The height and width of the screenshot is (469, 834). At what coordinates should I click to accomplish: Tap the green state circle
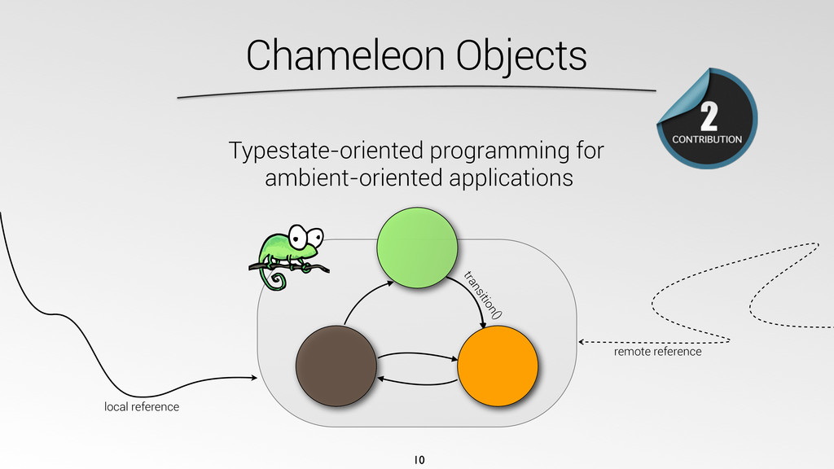click(418, 248)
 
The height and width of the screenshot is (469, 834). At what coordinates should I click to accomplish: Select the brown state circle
click(336, 366)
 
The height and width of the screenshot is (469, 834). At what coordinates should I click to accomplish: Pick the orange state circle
click(498, 366)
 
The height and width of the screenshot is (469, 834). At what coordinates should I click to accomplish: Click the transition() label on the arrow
click(483, 295)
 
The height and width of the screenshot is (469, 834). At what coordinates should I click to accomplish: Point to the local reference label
click(142, 407)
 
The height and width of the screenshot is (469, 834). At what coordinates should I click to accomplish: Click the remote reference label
click(658, 352)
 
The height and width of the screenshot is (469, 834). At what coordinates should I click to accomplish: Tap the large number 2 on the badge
click(709, 116)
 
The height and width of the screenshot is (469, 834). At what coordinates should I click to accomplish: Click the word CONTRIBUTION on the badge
click(707, 139)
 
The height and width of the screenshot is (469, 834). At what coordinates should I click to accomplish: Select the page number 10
click(419, 460)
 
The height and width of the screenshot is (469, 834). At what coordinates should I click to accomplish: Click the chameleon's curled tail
click(274, 280)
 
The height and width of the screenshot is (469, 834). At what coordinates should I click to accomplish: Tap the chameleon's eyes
click(306, 236)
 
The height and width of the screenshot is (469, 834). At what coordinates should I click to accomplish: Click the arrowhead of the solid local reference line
click(254, 378)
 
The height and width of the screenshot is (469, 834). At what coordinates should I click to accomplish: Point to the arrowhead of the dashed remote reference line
click(582, 342)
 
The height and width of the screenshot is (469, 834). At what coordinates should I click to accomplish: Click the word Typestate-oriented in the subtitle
click(327, 151)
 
